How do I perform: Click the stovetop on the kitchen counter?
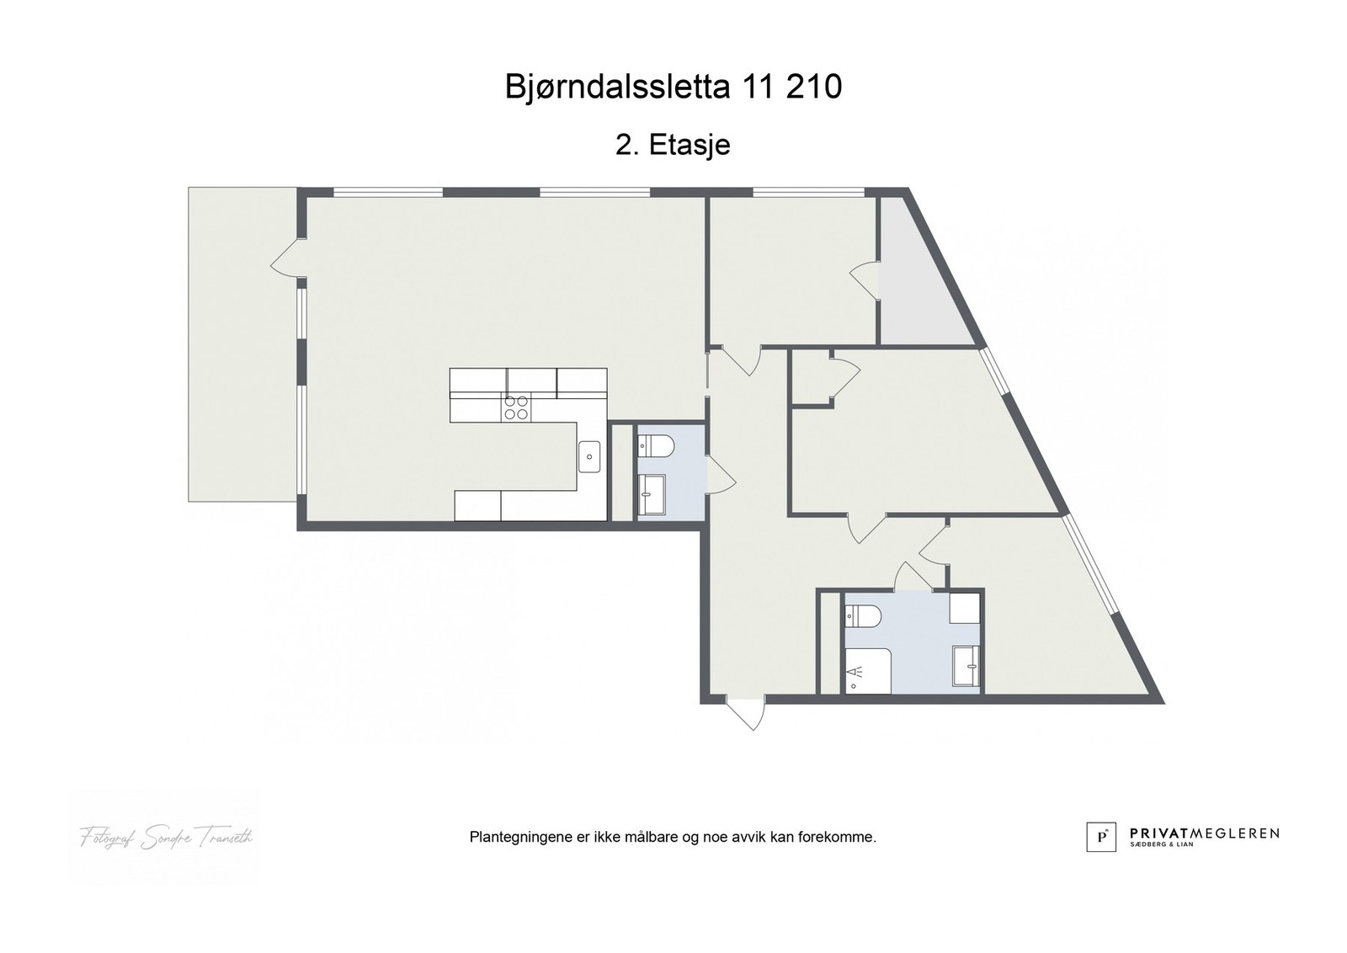coord(516,407)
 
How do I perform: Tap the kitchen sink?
coord(589,457)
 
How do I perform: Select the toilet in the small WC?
coord(655,445)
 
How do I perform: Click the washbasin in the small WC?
coord(652,493)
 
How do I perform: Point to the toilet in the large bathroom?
coord(862,617)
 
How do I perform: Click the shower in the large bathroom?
coord(866,672)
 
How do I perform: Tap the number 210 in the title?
coord(813,87)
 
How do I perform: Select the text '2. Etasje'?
coord(673,145)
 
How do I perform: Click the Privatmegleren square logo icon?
coord(1100,836)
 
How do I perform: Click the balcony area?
coord(242,345)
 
